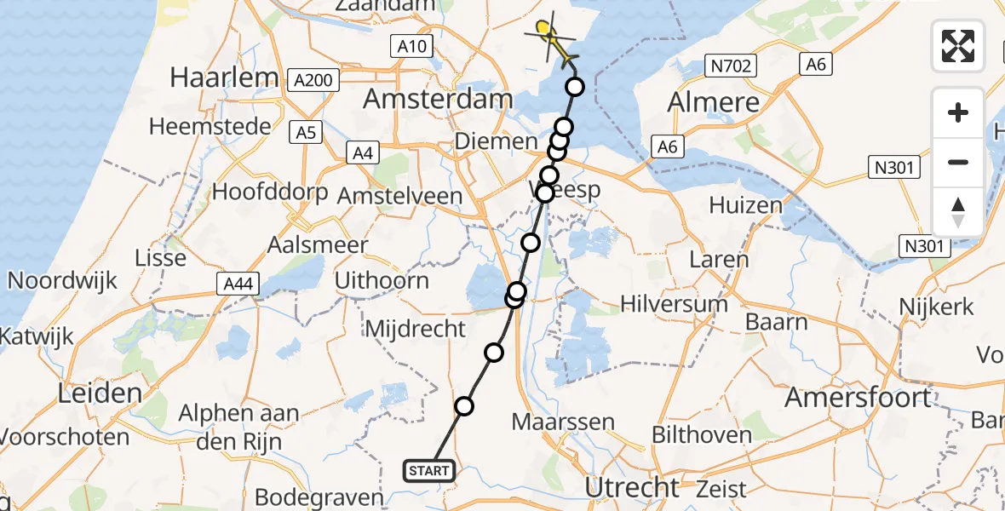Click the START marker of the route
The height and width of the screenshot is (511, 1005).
[x=429, y=470]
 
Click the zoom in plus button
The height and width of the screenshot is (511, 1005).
[x=958, y=112]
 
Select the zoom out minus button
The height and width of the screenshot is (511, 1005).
[x=958, y=162]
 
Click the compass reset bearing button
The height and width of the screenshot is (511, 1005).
[x=958, y=212]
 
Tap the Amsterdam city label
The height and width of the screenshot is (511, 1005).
[x=438, y=99]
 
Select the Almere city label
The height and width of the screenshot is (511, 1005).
[x=714, y=102]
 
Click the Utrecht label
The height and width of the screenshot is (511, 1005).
[x=633, y=488]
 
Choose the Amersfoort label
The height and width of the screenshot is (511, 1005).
[x=858, y=397]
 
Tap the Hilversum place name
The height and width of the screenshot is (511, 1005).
[x=674, y=304]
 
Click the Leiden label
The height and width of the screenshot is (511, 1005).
[x=100, y=393]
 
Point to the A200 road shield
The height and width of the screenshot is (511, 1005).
[x=314, y=81]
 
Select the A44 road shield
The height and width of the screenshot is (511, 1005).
[x=237, y=284]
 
